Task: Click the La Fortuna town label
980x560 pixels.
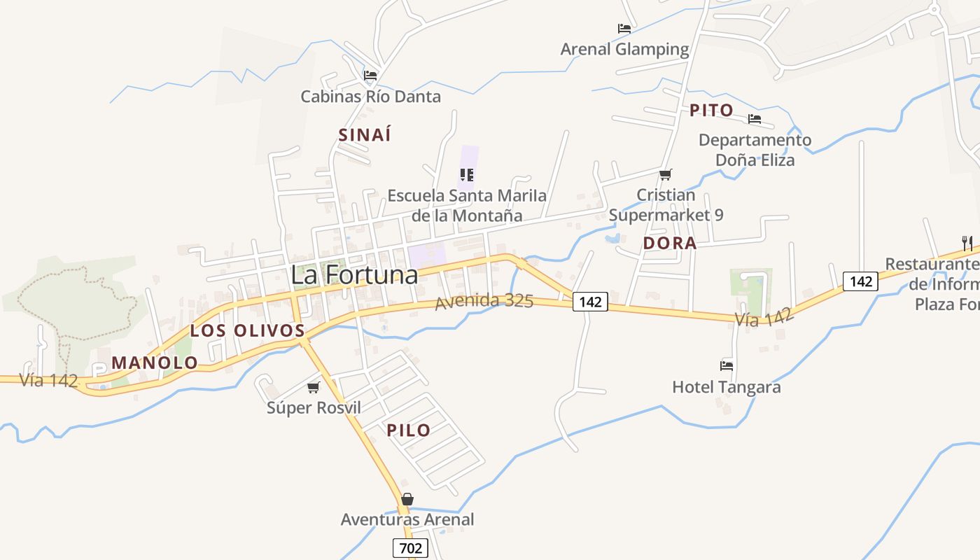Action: click(x=354, y=274)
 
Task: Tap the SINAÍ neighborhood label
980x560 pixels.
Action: click(x=365, y=135)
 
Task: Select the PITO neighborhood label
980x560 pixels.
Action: click(x=711, y=111)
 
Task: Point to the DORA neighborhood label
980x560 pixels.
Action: click(x=669, y=244)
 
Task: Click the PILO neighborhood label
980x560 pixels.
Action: click(x=409, y=430)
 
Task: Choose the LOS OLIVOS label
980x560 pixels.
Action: click(x=248, y=330)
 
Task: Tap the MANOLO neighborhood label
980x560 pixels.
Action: click(x=155, y=363)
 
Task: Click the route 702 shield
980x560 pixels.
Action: click(x=410, y=547)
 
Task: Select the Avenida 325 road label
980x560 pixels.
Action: click(x=484, y=302)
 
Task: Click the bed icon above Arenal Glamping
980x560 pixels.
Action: click(x=624, y=29)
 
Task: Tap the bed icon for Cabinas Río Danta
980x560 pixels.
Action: click(x=370, y=76)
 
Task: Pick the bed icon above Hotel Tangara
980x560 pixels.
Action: click(x=727, y=365)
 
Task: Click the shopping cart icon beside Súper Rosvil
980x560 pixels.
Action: click(x=314, y=387)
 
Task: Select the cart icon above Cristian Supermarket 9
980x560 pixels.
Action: click(x=665, y=174)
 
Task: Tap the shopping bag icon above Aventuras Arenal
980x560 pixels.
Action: click(x=407, y=499)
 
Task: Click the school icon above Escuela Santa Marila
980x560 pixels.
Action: click(x=467, y=175)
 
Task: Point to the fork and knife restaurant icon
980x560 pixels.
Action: click(x=967, y=243)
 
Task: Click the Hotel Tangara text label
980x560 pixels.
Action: click(x=726, y=387)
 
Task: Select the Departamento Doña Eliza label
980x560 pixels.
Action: click(x=755, y=150)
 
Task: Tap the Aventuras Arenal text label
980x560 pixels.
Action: click(x=407, y=519)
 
